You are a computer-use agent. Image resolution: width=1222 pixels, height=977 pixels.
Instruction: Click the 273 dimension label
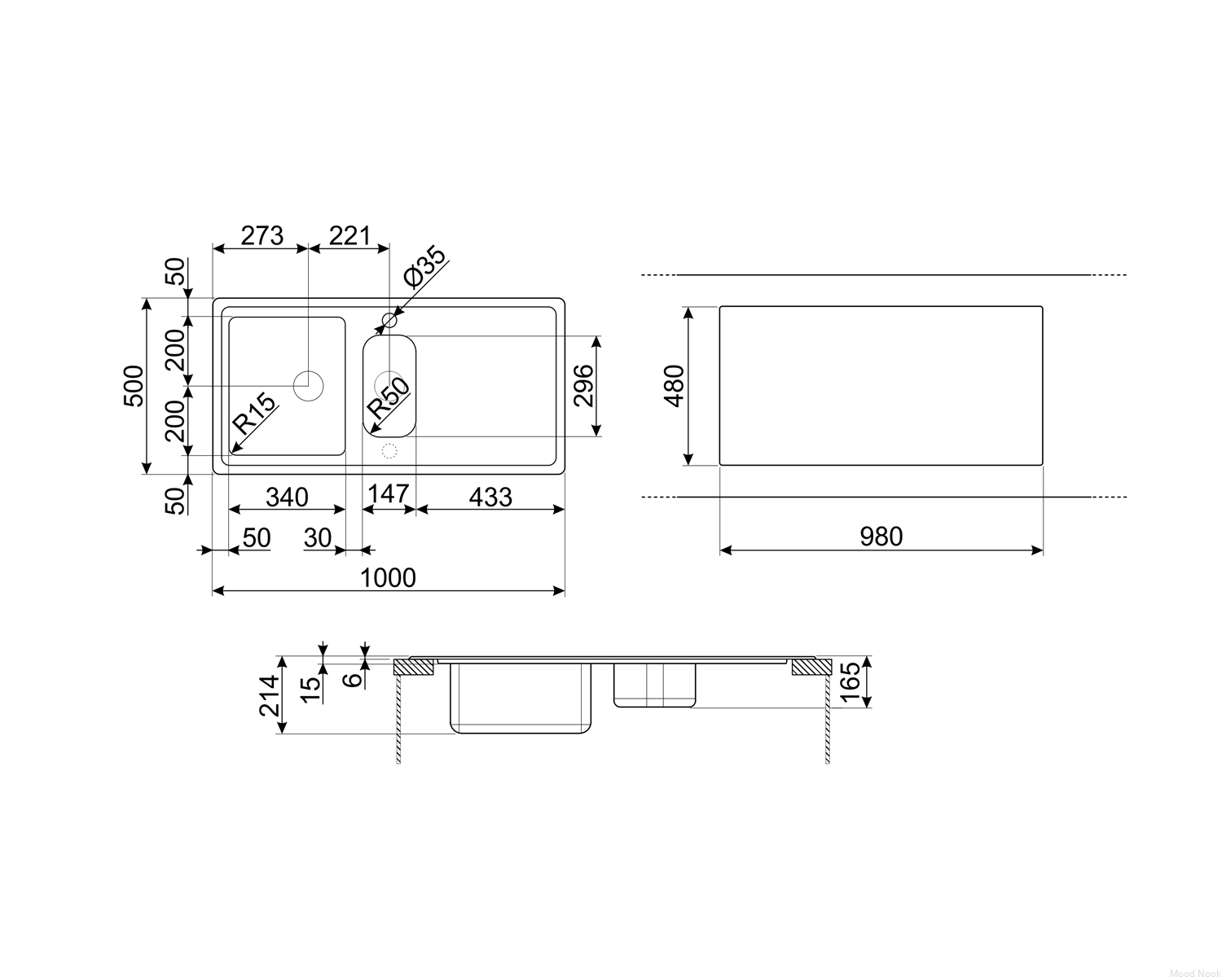point(262,235)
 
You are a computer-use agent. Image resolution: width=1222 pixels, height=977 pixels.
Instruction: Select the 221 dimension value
point(349,235)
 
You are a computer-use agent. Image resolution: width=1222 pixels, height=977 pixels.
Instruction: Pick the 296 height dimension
point(584,386)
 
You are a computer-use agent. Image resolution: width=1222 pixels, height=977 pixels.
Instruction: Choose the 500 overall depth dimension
point(134,386)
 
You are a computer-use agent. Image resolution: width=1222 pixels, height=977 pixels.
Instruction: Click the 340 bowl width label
point(288,497)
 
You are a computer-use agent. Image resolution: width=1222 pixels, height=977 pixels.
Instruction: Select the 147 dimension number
point(389,494)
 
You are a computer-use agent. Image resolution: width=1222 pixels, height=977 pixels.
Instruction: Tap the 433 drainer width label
point(490,497)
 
